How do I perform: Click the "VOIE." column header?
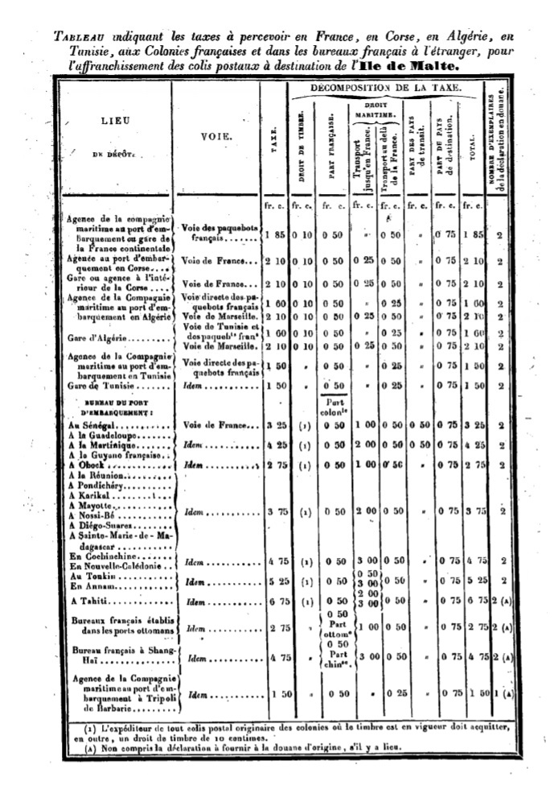coord(216,138)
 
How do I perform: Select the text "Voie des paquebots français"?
coord(215,233)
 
